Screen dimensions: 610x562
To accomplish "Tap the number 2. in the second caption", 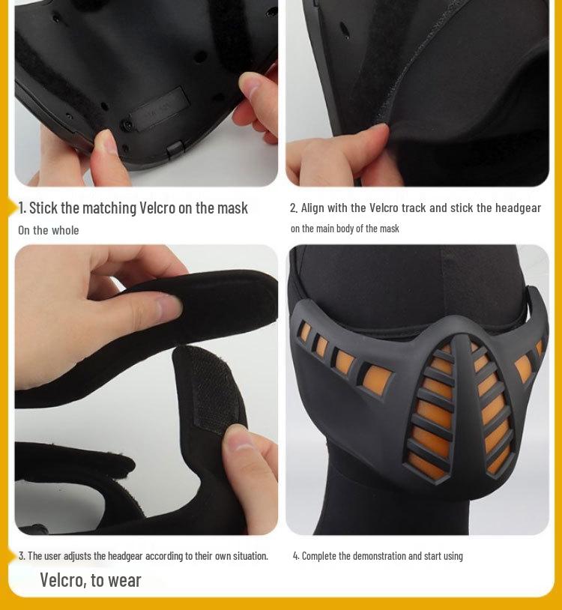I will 294,208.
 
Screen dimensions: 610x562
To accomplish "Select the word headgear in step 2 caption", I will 517,208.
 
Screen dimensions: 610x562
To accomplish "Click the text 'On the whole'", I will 48,230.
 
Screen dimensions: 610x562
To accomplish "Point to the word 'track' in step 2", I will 414,208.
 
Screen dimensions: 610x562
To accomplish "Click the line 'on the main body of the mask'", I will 345,229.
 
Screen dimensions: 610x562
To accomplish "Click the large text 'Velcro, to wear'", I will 91,579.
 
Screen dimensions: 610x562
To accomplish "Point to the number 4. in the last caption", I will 296,555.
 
